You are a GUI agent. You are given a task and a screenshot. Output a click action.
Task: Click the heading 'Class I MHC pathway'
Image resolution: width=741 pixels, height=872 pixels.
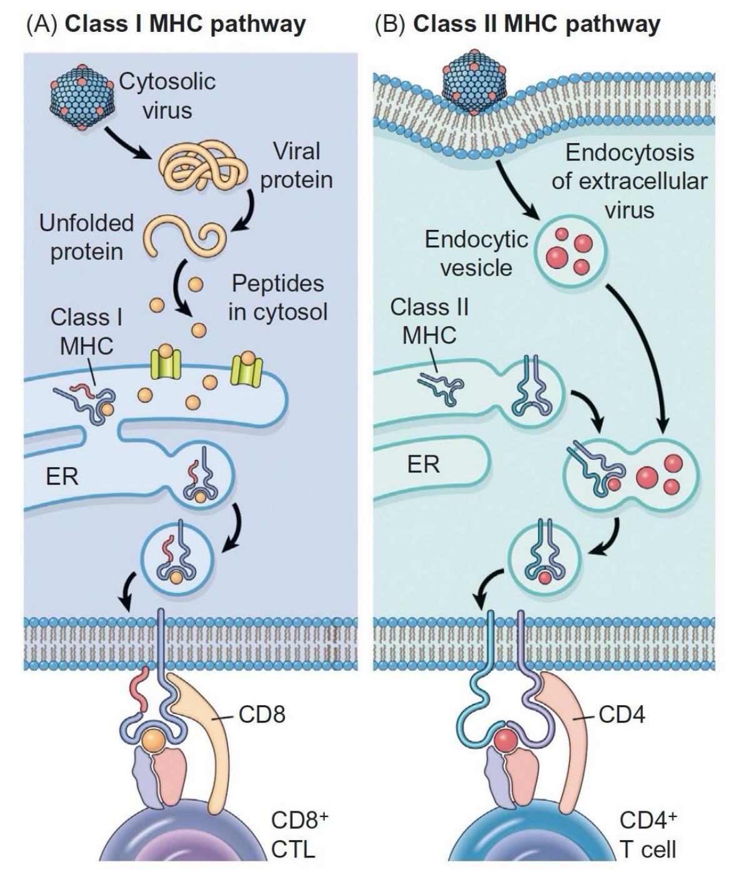click(x=166, y=24)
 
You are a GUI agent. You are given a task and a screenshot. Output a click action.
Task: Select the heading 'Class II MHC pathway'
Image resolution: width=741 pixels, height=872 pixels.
click(x=517, y=24)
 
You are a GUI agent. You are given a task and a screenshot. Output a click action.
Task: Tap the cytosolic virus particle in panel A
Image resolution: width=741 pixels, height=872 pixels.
click(x=82, y=97)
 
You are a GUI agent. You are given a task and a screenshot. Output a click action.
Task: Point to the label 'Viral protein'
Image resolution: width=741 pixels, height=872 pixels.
click(x=296, y=166)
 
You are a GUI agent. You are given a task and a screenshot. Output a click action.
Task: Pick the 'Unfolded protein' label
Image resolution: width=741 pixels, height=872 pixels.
click(x=86, y=237)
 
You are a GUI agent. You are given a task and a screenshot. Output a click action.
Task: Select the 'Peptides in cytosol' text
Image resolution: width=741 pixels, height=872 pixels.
click(x=277, y=297)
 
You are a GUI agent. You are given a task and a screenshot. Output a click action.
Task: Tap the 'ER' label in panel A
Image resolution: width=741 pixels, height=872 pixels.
click(x=62, y=477)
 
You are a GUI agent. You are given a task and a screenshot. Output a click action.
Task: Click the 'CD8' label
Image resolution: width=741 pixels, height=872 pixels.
click(x=262, y=715)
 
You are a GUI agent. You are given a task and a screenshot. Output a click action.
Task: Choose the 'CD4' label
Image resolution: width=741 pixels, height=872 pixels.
click(x=622, y=715)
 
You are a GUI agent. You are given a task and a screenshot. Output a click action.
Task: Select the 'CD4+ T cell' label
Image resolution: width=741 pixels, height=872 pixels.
click(x=648, y=834)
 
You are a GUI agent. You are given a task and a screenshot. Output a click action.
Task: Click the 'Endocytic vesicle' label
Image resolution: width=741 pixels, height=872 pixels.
click(x=476, y=253)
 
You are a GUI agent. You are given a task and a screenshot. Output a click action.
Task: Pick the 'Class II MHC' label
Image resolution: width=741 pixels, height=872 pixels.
click(x=429, y=321)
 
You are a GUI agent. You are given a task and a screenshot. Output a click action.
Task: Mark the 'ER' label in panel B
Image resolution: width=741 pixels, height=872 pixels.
click(x=424, y=464)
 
